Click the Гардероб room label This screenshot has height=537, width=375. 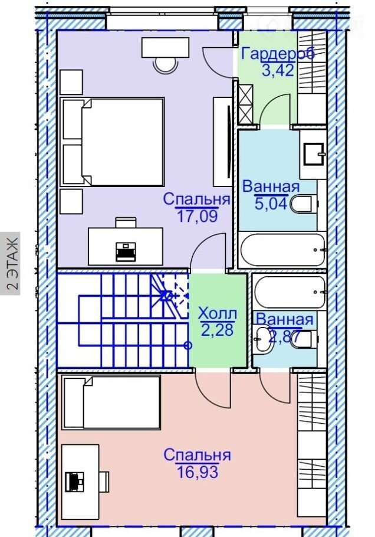tap(278, 54)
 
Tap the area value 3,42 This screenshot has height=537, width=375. tap(278, 70)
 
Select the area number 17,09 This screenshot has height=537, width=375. tap(197, 216)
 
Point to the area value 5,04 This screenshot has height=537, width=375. tap(270, 204)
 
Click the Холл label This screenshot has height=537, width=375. tap(218, 313)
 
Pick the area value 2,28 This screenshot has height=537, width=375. tap(218, 329)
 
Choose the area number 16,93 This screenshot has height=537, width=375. tap(198, 471)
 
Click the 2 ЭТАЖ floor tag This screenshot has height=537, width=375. tap(12, 264)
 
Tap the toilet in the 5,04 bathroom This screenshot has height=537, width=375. tap(304, 204)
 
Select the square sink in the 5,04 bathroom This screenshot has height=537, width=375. tap(314, 154)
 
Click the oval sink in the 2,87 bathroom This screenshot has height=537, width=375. tap(263, 339)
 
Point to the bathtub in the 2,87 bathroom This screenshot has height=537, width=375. tap(290, 292)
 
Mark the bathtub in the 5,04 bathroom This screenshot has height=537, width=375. tap(282, 250)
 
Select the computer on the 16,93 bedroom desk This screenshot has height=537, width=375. tap(75, 480)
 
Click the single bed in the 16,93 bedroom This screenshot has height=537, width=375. tap(111, 402)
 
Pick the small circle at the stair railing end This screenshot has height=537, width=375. tap(188, 346)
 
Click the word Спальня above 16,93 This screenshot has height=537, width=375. tap(197, 455)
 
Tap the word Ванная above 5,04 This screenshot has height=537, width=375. tap(271, 187)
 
